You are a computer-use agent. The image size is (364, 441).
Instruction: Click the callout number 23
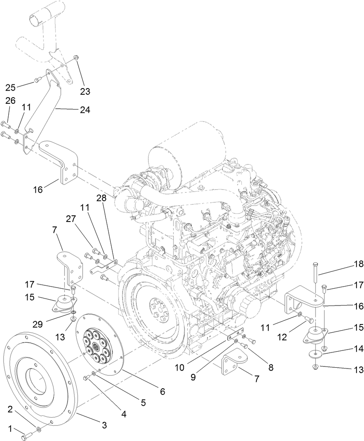click(x=85, y=91)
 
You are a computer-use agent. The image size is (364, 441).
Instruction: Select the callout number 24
click(x=85, y=110)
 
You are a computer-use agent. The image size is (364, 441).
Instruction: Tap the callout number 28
click(x=101, y=198)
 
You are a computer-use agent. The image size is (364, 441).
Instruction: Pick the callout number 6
click(x=162, y=392)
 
